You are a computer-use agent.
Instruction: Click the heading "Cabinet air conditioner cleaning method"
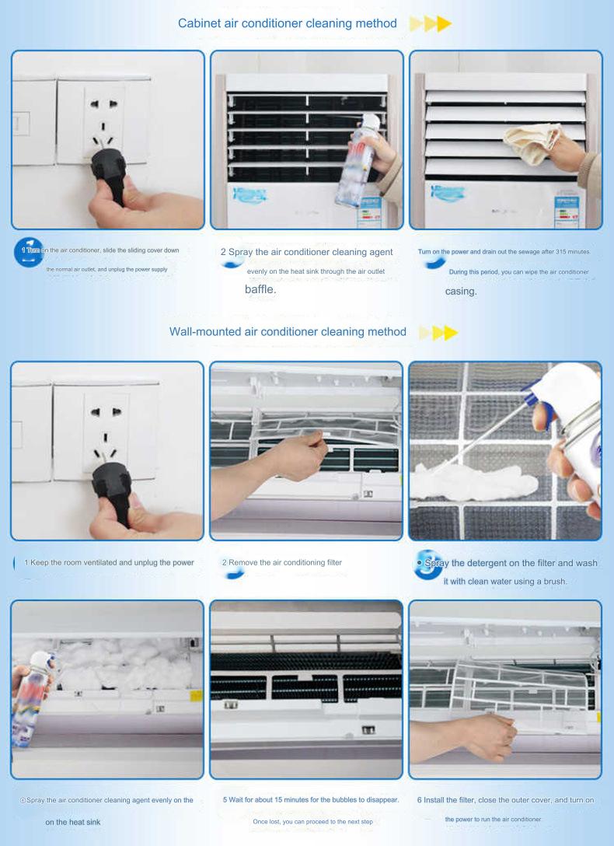288,23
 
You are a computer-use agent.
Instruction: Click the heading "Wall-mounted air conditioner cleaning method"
288,332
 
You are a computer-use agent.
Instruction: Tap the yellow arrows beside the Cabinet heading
430,24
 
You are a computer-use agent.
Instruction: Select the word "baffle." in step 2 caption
260,288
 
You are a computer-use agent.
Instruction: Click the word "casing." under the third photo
461,292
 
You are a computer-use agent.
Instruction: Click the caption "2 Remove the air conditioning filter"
281,562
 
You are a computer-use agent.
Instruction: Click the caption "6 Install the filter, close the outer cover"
505,800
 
